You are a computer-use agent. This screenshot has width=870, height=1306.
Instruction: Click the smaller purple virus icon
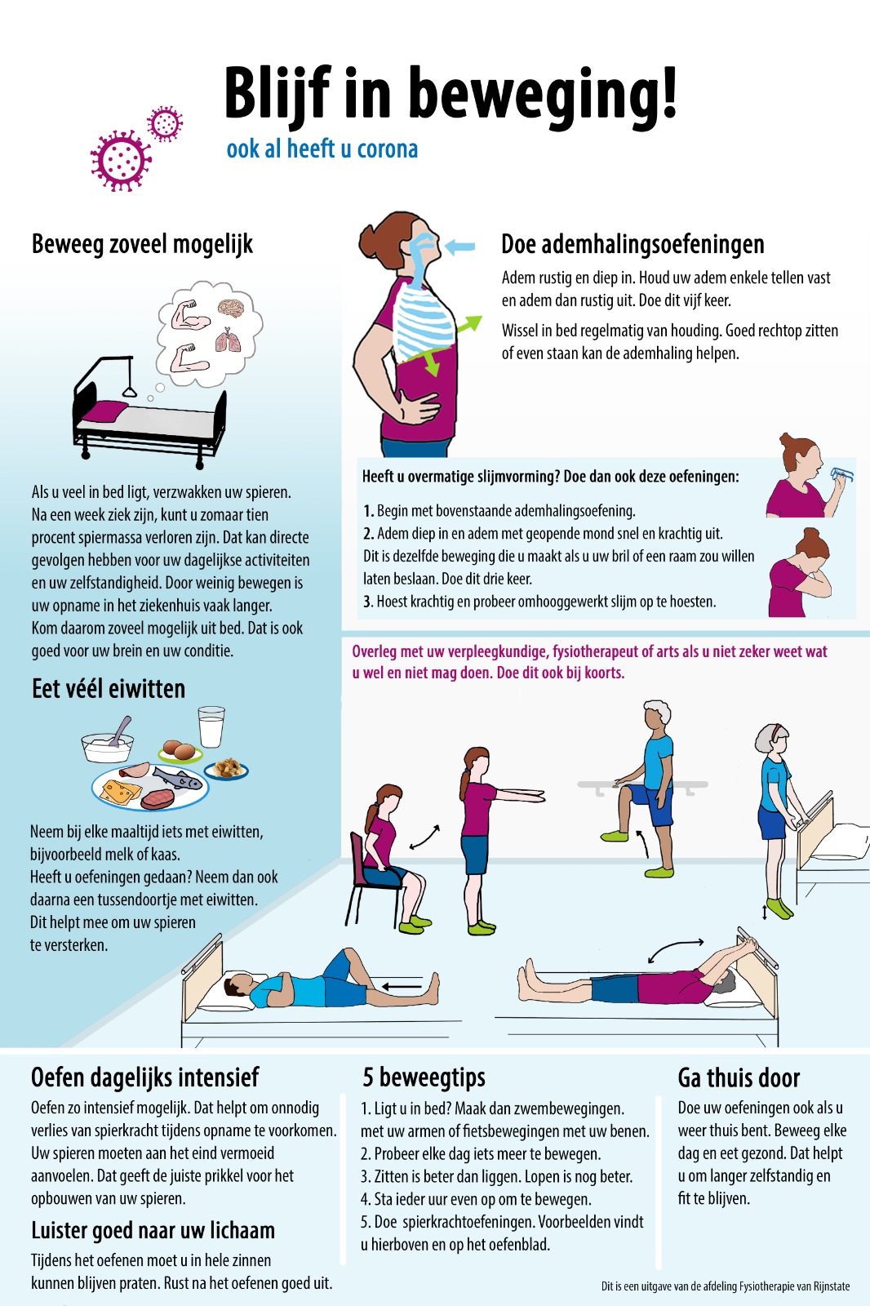click(165, 123)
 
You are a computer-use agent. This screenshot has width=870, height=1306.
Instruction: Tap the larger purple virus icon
click(121, 160)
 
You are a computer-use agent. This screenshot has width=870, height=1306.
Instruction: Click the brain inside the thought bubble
click(231, 309)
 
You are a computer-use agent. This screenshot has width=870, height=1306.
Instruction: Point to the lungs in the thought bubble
click(228, 340)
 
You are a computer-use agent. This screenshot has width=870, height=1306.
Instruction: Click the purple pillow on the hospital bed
click(105, 411)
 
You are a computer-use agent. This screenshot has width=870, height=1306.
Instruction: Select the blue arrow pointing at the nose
click(460, 247)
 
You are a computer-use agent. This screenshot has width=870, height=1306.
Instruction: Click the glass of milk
click(211, 726)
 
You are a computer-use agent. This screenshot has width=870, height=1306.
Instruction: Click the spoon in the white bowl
click(122, 731)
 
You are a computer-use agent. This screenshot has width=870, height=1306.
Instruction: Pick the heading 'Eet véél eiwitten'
click(109, 689)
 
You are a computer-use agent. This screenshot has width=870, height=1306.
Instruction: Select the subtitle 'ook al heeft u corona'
click(322, 149)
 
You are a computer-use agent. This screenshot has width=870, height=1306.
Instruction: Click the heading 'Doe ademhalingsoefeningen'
click(633, 244)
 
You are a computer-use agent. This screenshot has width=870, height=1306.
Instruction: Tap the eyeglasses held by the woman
click(842, 474)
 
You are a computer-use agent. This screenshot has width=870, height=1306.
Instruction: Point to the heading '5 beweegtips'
click(424, 1077)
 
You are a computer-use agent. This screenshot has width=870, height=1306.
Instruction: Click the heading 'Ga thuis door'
click(739, 1078)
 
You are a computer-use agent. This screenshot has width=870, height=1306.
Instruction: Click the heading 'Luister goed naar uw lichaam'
click(153, 1230)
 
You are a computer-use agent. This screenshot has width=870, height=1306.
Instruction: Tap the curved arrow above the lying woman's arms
click(675, 948)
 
